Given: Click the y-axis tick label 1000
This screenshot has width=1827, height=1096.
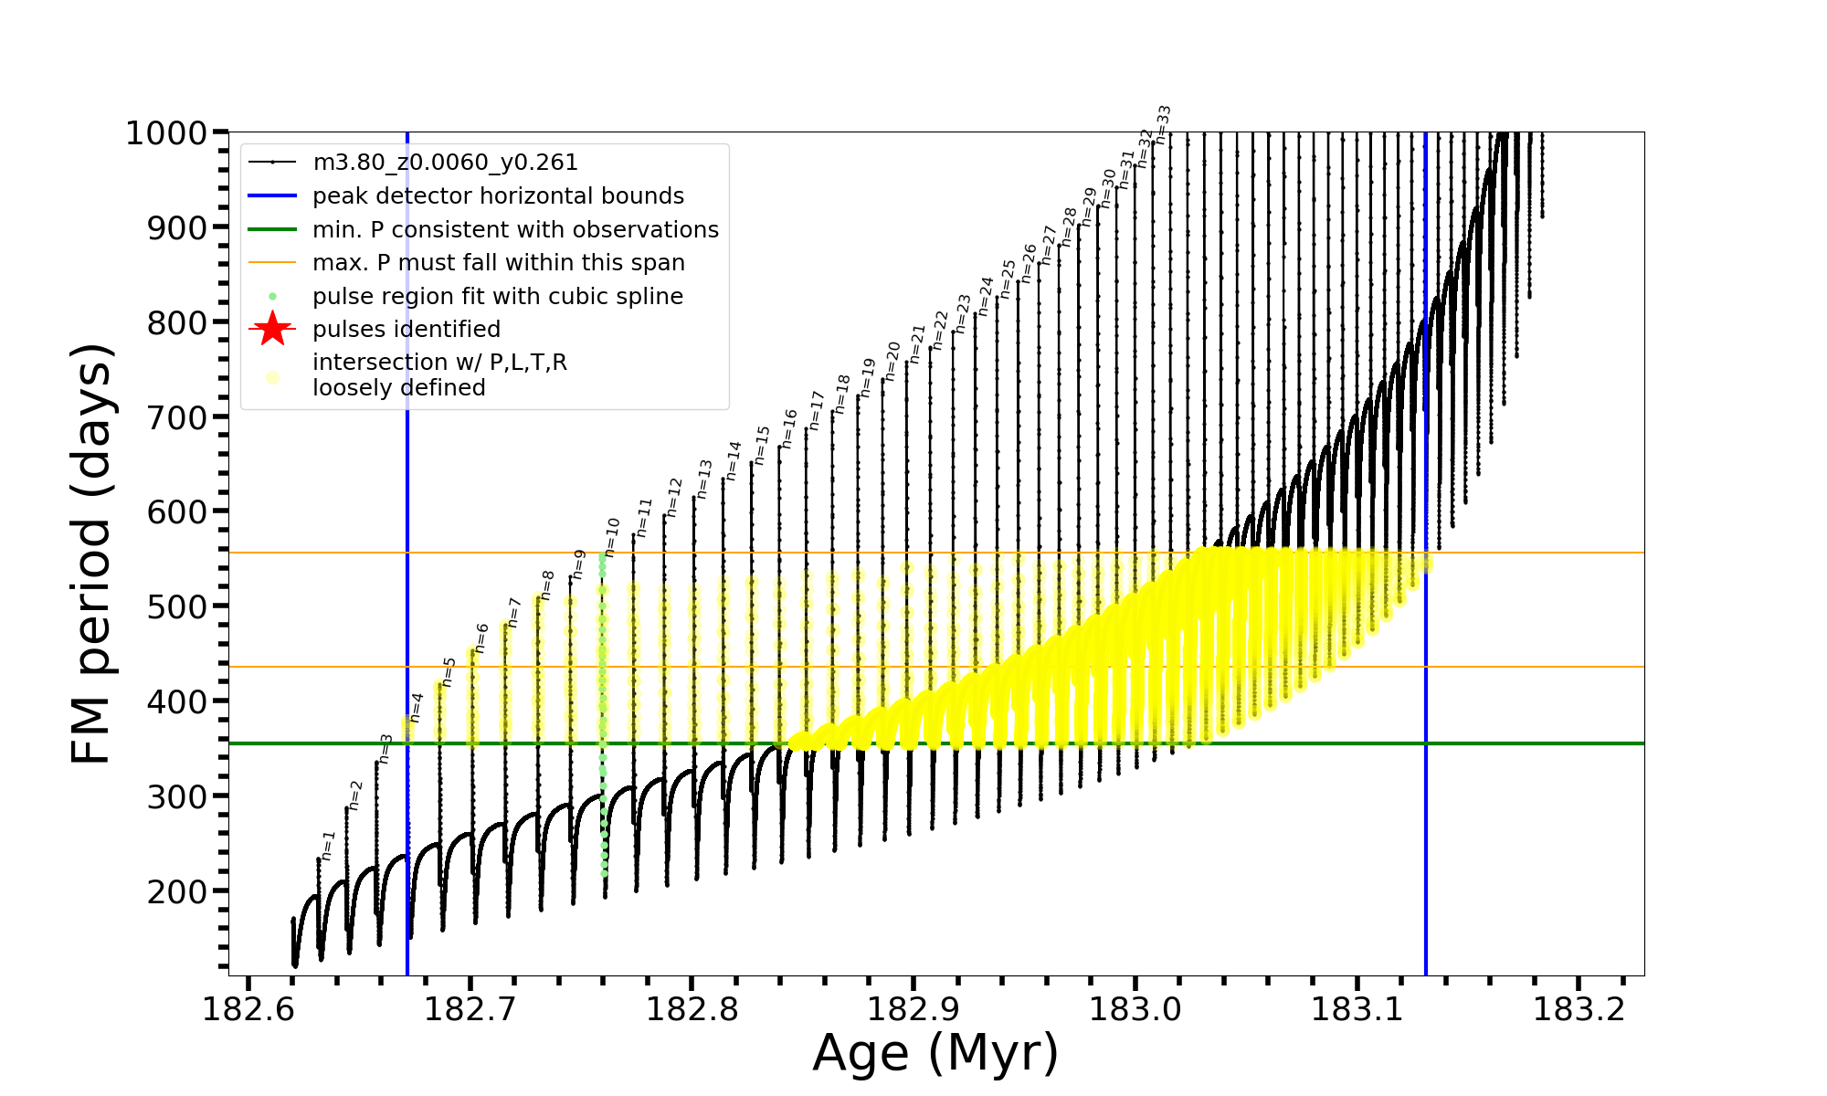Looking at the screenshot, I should [x=165, y=133].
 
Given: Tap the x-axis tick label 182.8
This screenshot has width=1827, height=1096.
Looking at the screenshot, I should [x=692, y=1009].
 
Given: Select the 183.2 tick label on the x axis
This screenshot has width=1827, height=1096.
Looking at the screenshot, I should [x=1579, y=1009].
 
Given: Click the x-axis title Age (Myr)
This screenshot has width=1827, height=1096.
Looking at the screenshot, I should [x=935, y=1053].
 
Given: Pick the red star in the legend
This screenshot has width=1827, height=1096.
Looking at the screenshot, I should [x=272, y=329].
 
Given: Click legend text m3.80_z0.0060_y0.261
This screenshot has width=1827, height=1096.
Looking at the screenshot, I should [x=445, y=163].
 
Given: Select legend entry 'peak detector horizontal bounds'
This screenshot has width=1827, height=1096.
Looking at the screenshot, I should [x=498, y=196].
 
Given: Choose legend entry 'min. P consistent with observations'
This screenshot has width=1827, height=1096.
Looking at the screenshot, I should [x=515, y=229].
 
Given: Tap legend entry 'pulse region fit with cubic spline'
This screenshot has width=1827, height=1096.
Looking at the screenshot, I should [x=497, y=297].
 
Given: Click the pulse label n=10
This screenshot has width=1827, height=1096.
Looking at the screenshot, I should [x=612, y=536].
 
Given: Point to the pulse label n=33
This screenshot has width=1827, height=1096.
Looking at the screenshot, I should [x=1163, y=124].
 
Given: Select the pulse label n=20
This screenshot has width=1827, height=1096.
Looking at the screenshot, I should [x=892, y=359].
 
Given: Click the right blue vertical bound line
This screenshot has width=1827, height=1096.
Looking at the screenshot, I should [x=1426, y=822].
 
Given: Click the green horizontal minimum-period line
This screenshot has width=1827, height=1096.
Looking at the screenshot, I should [x=1005, y=743].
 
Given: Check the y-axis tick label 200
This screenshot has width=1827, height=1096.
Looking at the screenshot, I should [x=178, y=891].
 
